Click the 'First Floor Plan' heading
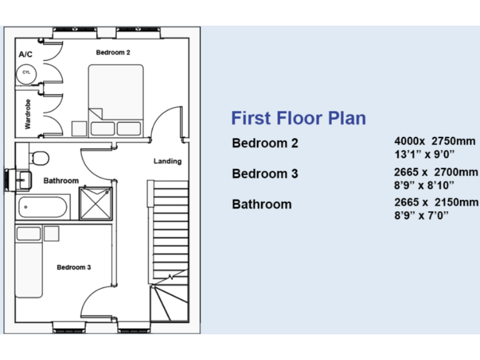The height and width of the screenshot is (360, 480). pos(298,118)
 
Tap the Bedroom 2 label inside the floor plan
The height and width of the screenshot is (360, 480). pos(112,52)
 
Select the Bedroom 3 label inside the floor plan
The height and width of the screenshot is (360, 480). pos(74,267)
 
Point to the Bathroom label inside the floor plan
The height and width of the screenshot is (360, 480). pos(61,181)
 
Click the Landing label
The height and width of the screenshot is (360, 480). pos(167,161)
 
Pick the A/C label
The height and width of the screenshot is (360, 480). pos(26,55)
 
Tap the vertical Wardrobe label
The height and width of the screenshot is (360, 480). pos(27,114)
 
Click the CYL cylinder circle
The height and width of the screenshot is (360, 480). pos(26,73)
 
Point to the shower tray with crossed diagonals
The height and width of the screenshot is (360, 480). pos(95,203)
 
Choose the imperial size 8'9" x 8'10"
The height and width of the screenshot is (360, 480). pos(424,184)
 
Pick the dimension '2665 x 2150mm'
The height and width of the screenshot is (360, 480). pos(436,202)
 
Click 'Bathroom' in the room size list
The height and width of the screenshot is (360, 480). pos(261,204)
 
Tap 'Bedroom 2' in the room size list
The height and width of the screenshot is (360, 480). pos(265,143)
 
